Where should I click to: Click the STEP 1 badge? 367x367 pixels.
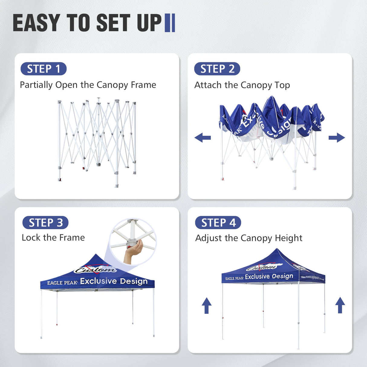pyautogui.click(x=44, y=69)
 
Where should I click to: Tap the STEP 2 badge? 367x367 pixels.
pyautogui.click(x=217, y=69)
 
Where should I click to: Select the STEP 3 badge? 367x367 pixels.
pyautogui.click(x=45, y=223)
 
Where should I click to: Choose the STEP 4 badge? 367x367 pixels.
pyautogui.click(x=218, y=223)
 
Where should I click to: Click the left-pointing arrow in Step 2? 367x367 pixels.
pyautogui.click(x=203, y=138)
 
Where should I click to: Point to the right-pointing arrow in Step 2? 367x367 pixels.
pyautogui.click(x=337, y=138)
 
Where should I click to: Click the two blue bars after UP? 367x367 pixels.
pyautogui.click(x=170, y=23)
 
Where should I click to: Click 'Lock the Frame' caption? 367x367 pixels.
pyautogui.click(x=53, y=238)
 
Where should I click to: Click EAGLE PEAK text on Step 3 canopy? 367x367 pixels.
pyautogui.click(x=62, y=283)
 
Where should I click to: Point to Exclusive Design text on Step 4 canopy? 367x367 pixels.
pyautogui.click(x=269, y=276)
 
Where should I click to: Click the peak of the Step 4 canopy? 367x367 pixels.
pyautogui.click(x=278, y=250)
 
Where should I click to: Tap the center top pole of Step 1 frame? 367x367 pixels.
pyautogui.click(x=99, y=101)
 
